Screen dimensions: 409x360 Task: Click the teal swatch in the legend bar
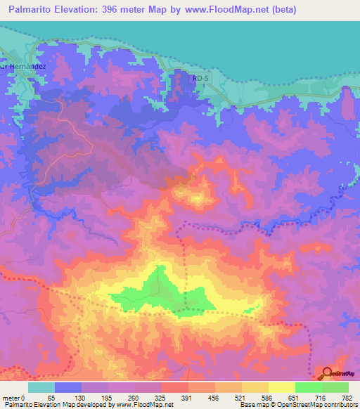(41, 387)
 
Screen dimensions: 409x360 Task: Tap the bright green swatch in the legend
(309, 387)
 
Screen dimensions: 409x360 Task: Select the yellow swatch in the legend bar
(282, 387)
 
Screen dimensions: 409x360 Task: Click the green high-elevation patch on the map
(162, 292)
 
